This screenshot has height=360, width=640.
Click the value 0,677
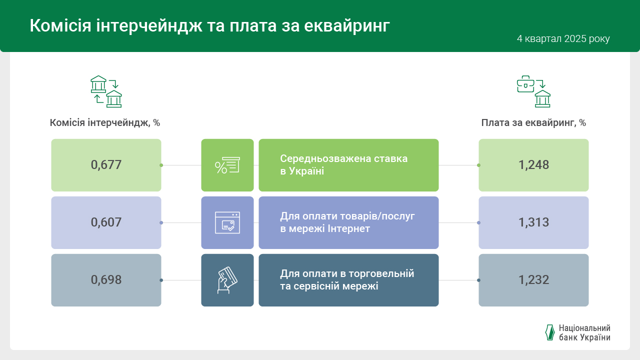pyautogui.click(x=106, y=165)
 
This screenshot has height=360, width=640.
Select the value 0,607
pyautogui.click(x=106, y=222)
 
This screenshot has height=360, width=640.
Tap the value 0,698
pyautogui.click(x=106, y=280)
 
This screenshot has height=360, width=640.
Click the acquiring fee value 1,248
pyautogui.click(x=533, y=165)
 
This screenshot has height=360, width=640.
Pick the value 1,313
pyautogui.click(x=533, y=222)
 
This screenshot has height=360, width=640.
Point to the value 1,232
pyautogui.click(x=533, y=280)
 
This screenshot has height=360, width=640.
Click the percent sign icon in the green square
pyautogui.click(x=227, y=165)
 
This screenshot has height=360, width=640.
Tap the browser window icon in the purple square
pyautogui.click(x=227, y=222)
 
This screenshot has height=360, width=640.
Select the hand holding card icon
pyautogui.click(x=227, y=280)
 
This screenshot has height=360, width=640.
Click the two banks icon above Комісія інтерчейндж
pyautogui.click(x=106, y=91)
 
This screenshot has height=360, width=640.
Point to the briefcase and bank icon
pyautogui.click(x=533, y=91)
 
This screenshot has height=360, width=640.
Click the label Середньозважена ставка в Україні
pyautogui.click(x=343, y=165)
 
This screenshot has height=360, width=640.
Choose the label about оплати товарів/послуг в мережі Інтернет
pyautogui.click(x=347, y=222)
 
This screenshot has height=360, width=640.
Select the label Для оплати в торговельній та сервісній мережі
pyautogui.click(x=347, y=280)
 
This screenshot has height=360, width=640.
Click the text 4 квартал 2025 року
pyautogui.click(x=563, y=39)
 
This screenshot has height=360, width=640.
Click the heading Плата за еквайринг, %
pyautogui.click(x=533, y=123)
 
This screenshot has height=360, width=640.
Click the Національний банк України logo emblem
pyautogui.click(x=549, y=332)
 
